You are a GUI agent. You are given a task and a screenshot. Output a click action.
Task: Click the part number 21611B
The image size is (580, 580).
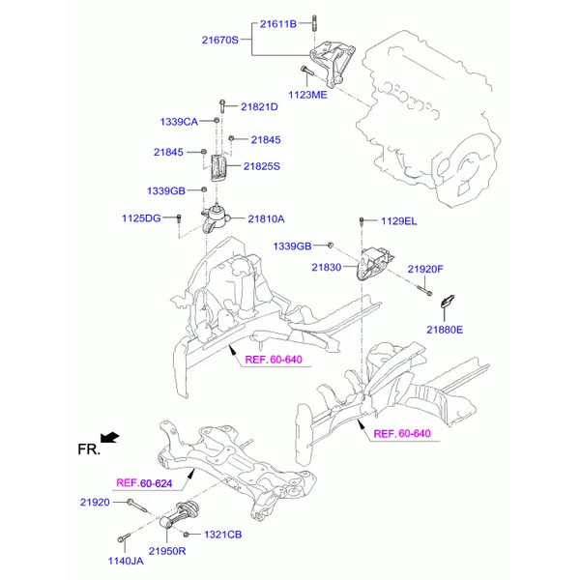click(x=278, y=22)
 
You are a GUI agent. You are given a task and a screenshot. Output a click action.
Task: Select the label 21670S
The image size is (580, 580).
click(x=220, y=40)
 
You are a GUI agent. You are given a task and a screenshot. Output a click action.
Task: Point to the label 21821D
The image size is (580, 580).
click(x=259, y=106)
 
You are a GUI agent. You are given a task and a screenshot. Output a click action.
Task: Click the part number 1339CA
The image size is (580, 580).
click(x=179, y=122)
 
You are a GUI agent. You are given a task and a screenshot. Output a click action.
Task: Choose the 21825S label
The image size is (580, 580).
click(x=261, y=166)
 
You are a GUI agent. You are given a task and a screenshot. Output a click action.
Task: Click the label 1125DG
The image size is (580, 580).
click(x=141, y=219)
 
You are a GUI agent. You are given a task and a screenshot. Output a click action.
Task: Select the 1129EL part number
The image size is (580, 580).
click(x=398, y=221)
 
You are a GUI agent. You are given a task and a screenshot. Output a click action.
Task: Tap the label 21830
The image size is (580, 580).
click(x=327, y=267)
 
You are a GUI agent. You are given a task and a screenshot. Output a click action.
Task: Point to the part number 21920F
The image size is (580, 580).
click(x=424, y=269)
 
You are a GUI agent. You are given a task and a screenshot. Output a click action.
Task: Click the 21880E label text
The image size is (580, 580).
click(x=445, y=331)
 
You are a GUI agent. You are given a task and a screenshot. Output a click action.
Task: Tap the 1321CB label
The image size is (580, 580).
click(x=222, y=535)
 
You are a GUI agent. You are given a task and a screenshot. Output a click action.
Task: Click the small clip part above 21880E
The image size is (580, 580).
click(x=447, y=307)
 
